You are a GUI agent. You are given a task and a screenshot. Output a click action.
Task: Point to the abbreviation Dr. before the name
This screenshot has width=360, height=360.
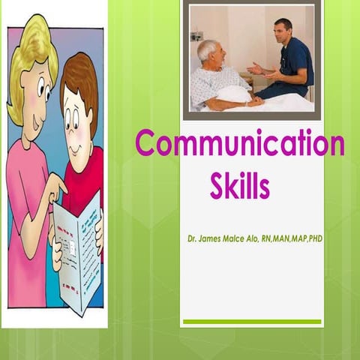click(x=194, y=238)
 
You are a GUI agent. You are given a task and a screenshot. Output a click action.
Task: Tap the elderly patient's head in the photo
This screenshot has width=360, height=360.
click(x=208, y=52)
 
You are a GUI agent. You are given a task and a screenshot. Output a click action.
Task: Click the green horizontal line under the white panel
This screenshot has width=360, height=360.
click(x=252, y=322)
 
